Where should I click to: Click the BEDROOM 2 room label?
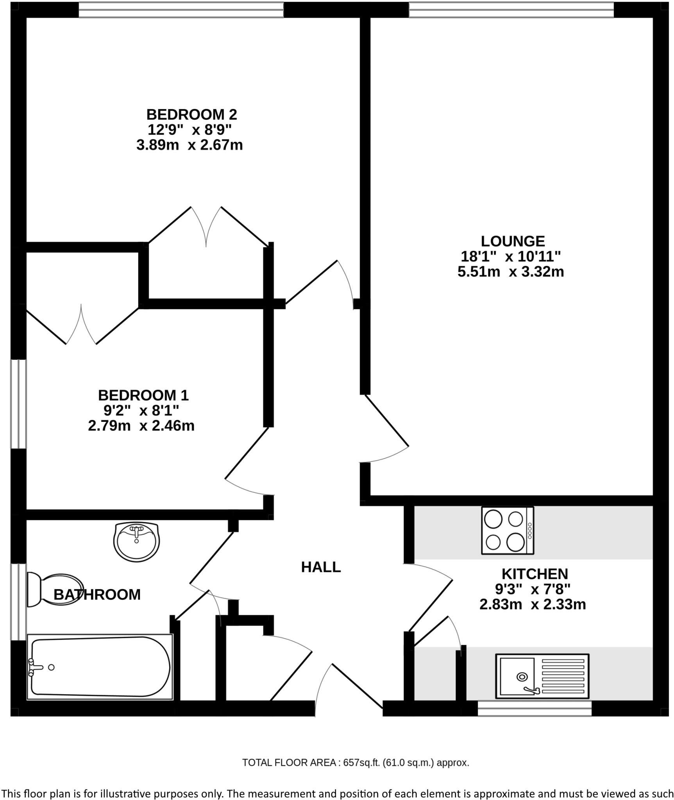coord(191,114)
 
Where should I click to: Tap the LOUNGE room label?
coord(513,241)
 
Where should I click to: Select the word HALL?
coord(321,567)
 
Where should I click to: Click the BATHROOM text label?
coord(97,595)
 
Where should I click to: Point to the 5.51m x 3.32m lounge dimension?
coord(511,271)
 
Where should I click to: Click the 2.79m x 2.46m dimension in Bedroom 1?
coord(141,425)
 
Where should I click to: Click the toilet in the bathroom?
coord(55,590)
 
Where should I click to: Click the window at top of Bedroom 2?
coord(181,10)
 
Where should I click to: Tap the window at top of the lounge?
coord(511,10)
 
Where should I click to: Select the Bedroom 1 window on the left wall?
coord(18,404)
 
